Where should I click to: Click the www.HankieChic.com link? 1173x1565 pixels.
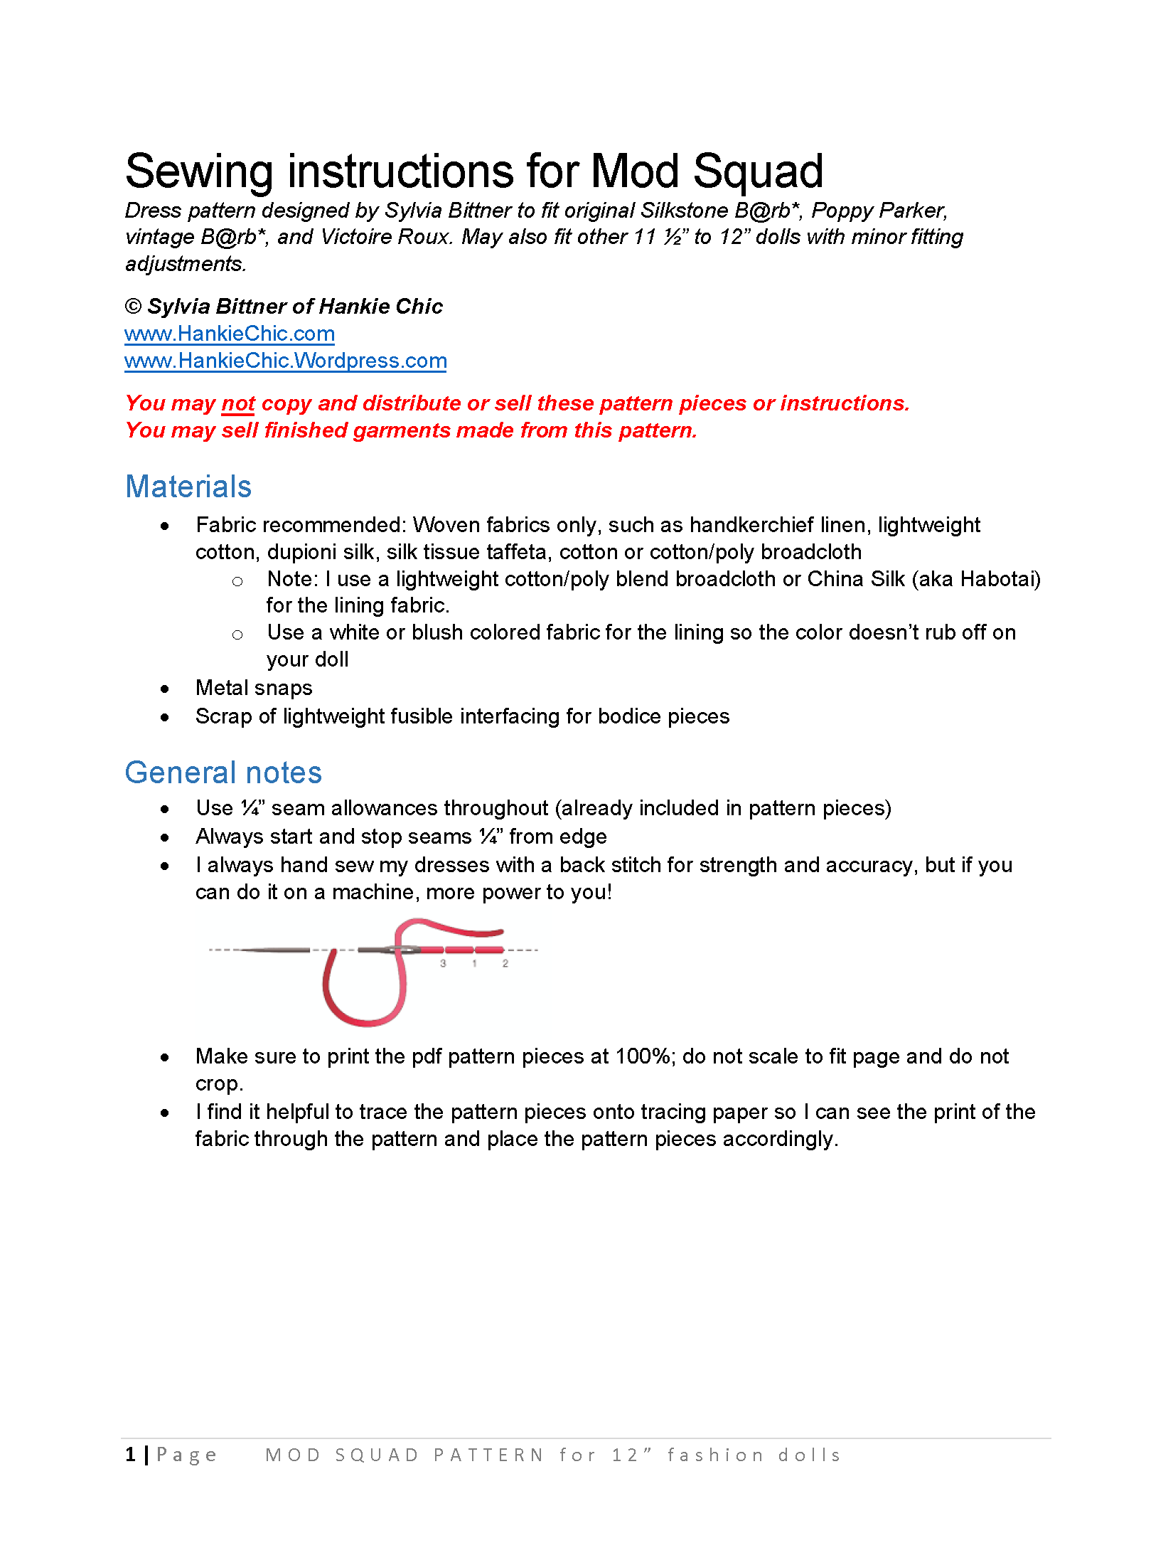[229, 334]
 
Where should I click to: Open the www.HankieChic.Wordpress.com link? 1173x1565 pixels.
[285, 361]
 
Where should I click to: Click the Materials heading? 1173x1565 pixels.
[188, 487]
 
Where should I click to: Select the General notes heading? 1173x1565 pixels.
[223, 773]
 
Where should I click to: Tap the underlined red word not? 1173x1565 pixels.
[237, 403]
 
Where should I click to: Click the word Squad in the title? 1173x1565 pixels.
[758, 171]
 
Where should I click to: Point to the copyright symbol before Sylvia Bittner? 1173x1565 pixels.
[133, 307]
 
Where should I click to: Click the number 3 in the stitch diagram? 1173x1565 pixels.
[443, 963]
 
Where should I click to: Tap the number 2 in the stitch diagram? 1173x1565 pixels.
[505, 963]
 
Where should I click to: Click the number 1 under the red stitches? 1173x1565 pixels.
[474, 963]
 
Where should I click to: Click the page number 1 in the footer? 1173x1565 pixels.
[130, 1455]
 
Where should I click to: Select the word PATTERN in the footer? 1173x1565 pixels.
[488, 1455]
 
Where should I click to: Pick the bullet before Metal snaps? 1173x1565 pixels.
[165, 689]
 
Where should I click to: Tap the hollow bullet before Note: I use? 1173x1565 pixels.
[237, 581]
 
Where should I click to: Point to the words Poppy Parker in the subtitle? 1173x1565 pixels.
[879, 211]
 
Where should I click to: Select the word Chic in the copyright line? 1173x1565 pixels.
[419, 307]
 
